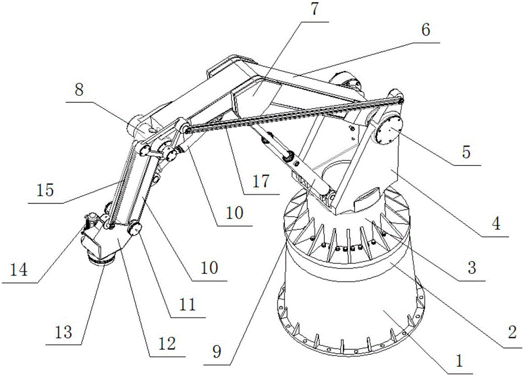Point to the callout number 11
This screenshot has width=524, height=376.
[187, 304]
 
